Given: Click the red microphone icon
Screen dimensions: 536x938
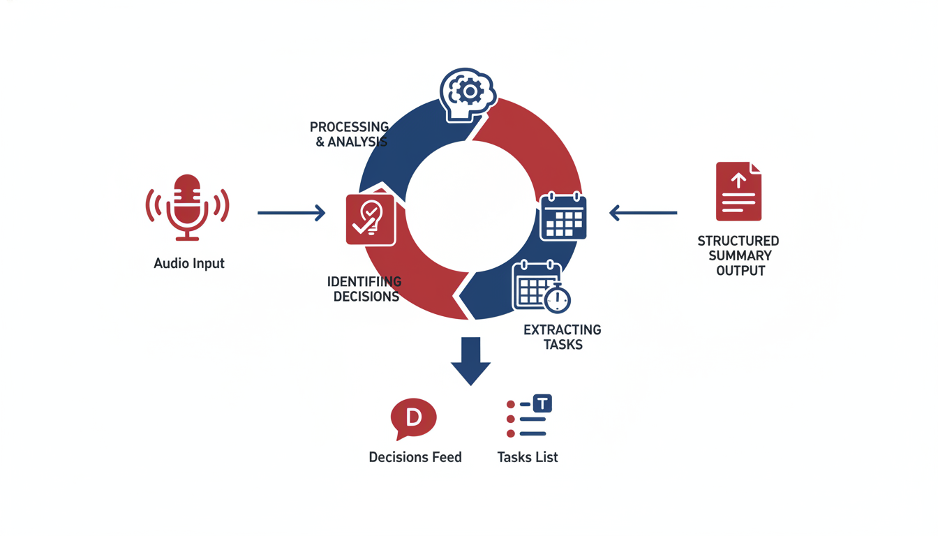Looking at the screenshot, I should pos(187,207).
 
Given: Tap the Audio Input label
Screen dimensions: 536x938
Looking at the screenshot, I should pos(189,264).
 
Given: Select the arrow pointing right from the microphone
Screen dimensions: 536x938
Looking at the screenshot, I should pos(291,213).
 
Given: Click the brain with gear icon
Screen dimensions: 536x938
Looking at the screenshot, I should pos(468,94).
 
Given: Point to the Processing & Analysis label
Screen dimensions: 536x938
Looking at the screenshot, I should pos(349,134).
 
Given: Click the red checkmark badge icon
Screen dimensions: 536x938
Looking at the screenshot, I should pos(371,218).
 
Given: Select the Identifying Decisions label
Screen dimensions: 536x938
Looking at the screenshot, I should pos(365,289).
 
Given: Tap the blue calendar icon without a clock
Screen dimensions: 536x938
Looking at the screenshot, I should pos(563,216).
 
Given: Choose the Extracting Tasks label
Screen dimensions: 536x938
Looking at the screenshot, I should pos(562,337).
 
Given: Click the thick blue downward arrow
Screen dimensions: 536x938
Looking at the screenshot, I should pos(470,360).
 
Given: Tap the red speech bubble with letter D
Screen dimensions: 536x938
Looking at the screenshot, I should pos(413,419).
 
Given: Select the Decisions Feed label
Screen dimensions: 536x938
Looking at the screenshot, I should pos(415,458).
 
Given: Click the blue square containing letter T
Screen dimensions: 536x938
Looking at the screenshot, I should pos(542,403).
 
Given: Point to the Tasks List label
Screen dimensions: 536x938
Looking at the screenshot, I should pos(528,458).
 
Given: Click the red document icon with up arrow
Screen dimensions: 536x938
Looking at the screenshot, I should pos(738,191).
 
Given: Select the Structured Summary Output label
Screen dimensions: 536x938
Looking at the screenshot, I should pos(738,255).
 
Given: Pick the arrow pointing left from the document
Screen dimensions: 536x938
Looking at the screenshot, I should pos(643,213).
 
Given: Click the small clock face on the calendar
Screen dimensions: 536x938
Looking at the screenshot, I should pos(557,300).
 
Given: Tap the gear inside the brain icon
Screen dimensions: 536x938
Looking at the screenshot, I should pos(470,91).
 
